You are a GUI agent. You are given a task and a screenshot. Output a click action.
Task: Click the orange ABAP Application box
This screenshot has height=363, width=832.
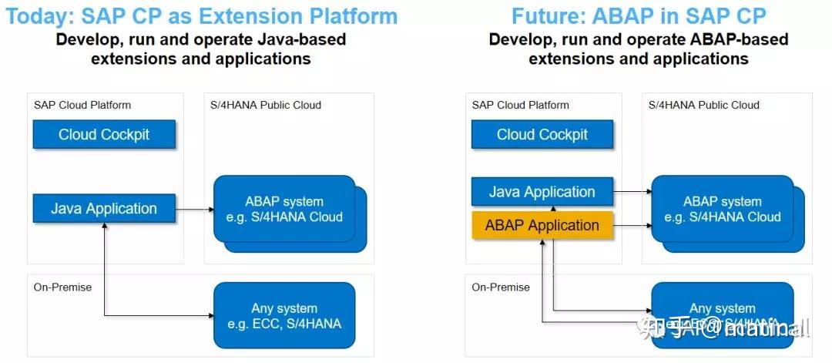point(542,226)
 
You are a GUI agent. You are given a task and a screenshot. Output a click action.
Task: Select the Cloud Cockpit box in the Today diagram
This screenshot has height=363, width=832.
point(104,135)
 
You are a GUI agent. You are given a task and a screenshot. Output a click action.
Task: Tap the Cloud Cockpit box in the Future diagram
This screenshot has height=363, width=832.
point(542,135)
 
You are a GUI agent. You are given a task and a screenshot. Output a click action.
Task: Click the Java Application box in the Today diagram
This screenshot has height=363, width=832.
point(104,208)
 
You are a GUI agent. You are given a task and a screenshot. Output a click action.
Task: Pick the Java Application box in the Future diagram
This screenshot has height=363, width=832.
point(542,192)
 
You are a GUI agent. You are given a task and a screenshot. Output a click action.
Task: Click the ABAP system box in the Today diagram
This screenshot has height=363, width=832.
point(283,209)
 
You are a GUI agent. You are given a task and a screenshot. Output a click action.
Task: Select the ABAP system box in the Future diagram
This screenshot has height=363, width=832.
point(721,209)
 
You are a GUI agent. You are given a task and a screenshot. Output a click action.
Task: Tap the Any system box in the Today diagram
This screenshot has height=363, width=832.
point(283,315)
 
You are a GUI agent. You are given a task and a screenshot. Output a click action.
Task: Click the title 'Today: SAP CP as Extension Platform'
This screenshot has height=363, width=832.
point(202,15)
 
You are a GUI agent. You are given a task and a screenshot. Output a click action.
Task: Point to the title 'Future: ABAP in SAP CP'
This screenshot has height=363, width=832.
point(639,15)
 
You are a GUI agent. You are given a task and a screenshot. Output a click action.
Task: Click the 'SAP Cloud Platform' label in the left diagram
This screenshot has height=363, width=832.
point(82,105)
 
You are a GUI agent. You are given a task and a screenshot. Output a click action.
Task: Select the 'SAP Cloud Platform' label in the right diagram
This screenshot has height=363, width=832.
point(521,105)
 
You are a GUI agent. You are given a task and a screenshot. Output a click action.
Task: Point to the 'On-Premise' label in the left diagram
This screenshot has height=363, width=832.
point(62,287)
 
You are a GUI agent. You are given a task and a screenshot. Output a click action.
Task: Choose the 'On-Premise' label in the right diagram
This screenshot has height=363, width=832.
point(501,287)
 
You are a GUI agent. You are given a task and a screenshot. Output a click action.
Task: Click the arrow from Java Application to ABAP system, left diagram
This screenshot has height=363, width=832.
point(194,208)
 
